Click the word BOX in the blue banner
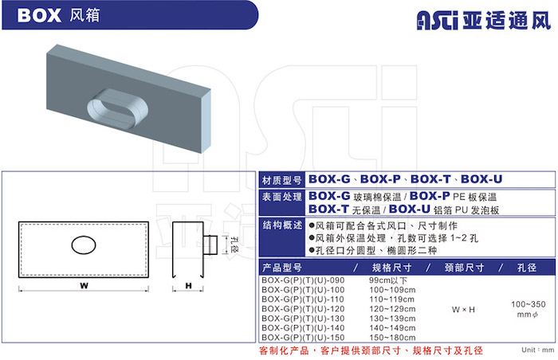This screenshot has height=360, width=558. point(39,16)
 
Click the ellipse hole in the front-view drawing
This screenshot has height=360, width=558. point(84,245)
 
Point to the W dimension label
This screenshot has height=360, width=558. point(84,285)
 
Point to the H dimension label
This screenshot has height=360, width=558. point(188,285)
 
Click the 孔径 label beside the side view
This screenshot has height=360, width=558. point(234,245)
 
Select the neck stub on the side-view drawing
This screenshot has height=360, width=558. point(210,245)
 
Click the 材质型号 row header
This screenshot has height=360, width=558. point(282,180)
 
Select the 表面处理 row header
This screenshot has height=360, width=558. point(282,197)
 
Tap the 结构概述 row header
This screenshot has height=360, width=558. point(282,225)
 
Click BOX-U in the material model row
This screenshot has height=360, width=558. point(481,179)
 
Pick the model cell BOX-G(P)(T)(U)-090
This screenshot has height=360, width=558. point(303,280)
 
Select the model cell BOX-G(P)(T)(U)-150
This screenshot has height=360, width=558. point(303,337)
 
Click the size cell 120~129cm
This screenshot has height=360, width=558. point(392,309)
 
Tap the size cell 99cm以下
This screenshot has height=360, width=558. point(388,280)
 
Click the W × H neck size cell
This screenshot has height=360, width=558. point(463,310)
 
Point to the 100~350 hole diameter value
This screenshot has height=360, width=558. point(528,304)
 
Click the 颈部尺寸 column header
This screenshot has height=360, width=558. point(464,268)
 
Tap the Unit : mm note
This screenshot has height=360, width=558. point(538,350)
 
